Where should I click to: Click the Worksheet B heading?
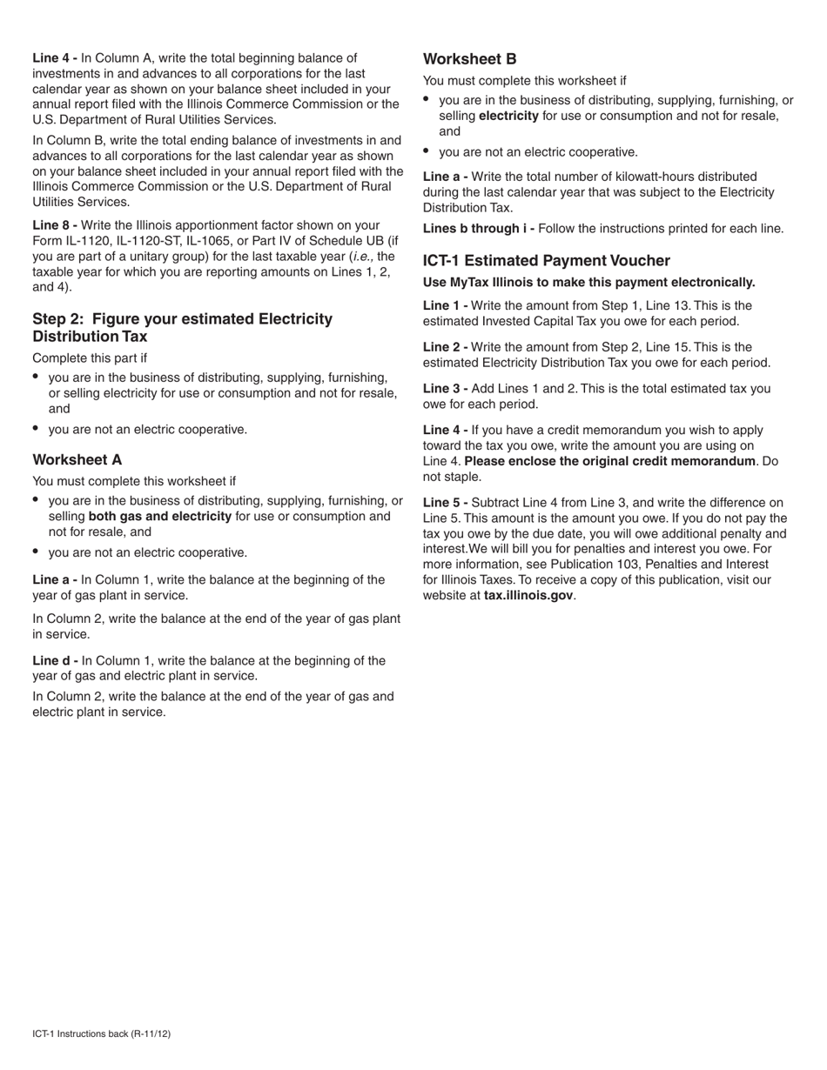[x=469, y=59]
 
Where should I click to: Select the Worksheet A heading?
[x=77, y=459]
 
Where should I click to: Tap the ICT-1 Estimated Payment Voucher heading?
[x=547, y=261]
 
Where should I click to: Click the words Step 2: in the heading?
[x=60, y=319]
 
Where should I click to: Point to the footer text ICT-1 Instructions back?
[x=101, y=1033]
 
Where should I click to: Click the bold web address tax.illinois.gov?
[x=528, y=596]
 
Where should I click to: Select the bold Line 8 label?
[x=54, y=225]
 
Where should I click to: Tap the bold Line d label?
[x=55, y=660]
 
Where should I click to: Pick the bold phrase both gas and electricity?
[x=160, y=517]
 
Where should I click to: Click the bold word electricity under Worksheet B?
[x=508, y=116]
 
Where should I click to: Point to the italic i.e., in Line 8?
[x=363, y=257]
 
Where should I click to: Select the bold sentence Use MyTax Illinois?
[x=588, y=283]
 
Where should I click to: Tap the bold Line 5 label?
[x=445, y=503]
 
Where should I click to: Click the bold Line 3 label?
[x=445, y=389]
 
